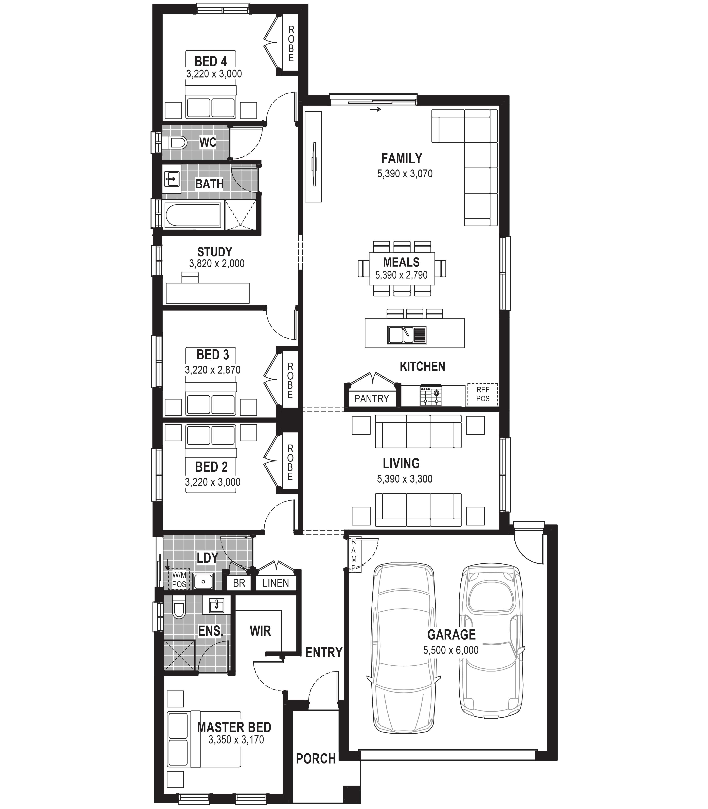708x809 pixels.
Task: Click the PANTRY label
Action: (371, 399)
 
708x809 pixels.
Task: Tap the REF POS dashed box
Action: (482, 394)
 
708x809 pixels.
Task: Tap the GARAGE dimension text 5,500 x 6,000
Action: (451, 650)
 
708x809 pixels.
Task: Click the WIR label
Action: (260, 631)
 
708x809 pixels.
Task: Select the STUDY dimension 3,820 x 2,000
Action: (216, 264)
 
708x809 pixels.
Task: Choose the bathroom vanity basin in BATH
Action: (172, 179)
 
